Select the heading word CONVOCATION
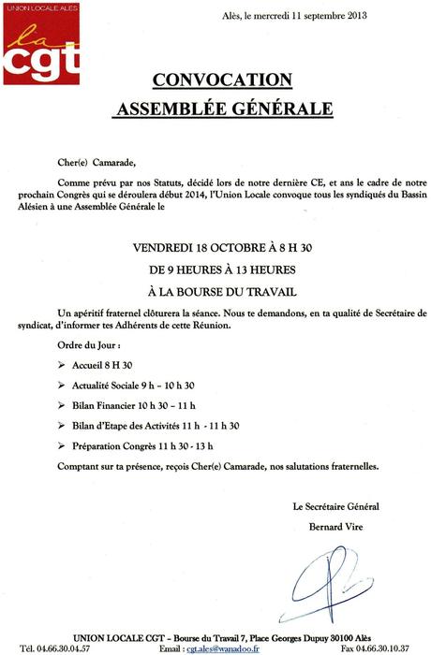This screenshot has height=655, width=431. click(x=221, y=80)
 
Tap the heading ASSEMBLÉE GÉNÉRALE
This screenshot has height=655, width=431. click(x=222, y=109)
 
